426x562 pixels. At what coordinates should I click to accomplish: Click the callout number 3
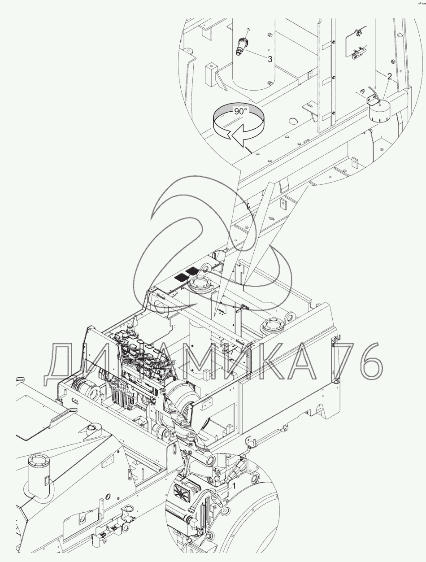[270, 59]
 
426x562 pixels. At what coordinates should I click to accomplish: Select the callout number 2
[389, 76]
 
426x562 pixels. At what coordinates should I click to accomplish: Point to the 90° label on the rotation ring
[241, 111]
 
